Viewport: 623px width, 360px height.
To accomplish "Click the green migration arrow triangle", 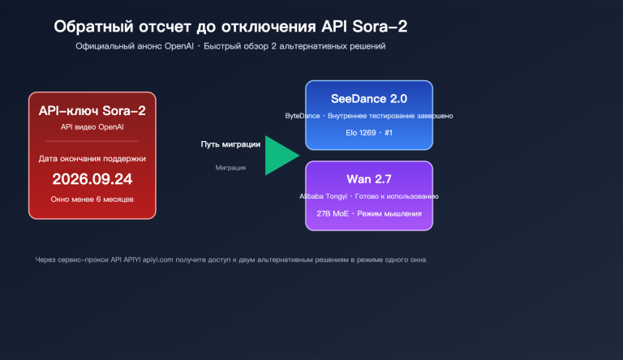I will [x=280, y=155].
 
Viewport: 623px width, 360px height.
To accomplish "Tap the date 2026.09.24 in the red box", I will [x=92, y=179].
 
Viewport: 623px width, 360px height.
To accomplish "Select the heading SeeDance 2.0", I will [x=369, y=98].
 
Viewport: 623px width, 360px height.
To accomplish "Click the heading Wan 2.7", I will [x=369, y=178].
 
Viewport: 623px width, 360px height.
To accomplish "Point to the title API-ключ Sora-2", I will [x=92, y=109].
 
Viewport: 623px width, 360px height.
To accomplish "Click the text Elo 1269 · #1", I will [x=369, y=132].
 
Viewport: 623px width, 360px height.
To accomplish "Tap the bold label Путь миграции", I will [x=230, y=144].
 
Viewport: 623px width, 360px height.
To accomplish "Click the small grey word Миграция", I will [x=230, y=168].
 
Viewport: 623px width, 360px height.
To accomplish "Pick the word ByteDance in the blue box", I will [x=302, y=116].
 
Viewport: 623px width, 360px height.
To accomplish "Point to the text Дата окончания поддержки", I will [x=92, y=158].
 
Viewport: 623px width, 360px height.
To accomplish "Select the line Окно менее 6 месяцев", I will [x=92, y=199].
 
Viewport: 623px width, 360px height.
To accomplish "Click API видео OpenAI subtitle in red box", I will [x=92, y=127].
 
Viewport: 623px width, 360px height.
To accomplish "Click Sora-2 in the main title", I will [x=379, y=27].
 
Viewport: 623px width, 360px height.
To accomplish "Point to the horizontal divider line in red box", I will [x=92, y=141].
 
